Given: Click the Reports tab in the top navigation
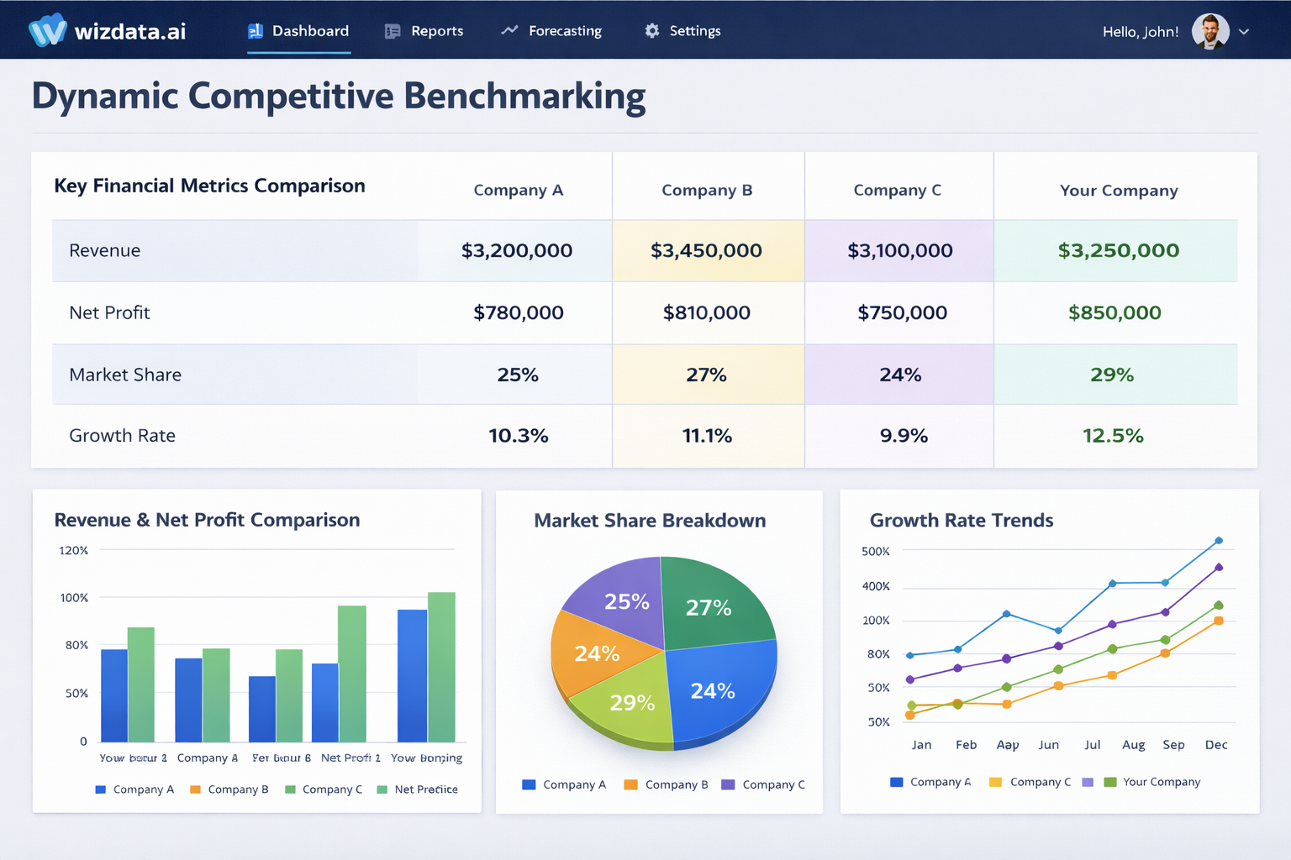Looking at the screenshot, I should pos(424,31).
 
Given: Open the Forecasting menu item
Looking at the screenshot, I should pos(552,31).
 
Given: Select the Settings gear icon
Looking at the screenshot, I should pos(652,31).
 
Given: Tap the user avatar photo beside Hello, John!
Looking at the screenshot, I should pos(1210,32).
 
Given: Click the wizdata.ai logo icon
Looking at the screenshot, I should pos(47,31).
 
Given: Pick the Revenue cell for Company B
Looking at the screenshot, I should pos(706,250).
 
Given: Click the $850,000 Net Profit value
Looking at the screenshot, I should pos(1114,312).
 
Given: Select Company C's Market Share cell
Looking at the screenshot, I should pos(900,375).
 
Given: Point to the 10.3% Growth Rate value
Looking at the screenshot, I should pos(518,436).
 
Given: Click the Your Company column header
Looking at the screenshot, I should pos(1119,191).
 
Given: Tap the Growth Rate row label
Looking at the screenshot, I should pos(122,436).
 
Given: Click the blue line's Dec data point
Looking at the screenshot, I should pos(1219,541).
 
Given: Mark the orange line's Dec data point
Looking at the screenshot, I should pos(1219,621).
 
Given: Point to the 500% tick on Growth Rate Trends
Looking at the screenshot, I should pos(875,552).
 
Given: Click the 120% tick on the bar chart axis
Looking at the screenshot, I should pos(73,551).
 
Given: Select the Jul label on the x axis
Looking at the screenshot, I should pos(1092,745).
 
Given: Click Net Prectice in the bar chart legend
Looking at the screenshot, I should pos(425,789).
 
